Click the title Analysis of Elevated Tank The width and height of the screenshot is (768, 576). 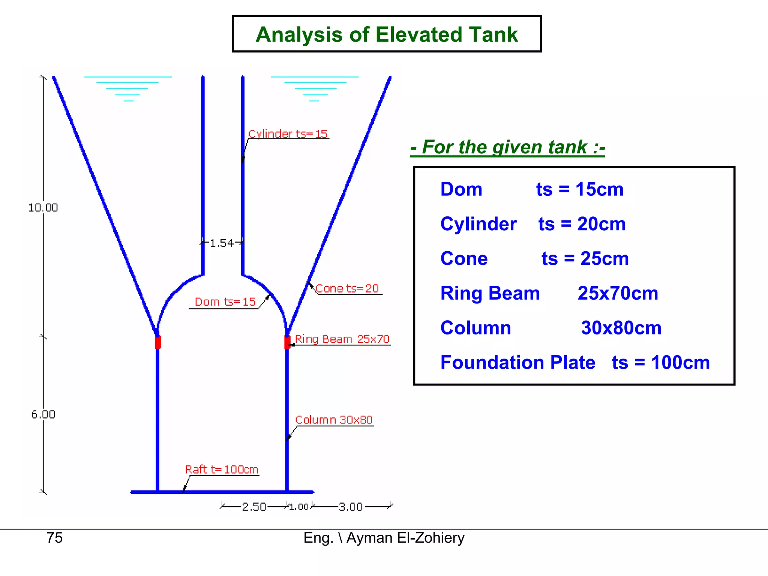pos(387,34)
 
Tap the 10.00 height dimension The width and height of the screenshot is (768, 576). pos(43,207)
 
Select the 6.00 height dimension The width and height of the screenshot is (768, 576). pos(43,414)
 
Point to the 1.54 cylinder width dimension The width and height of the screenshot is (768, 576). pos(222,243)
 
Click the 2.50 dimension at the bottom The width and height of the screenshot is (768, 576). pos(254,507)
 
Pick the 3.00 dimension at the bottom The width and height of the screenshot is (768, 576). pos(351,507)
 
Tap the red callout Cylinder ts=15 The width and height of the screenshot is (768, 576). pos(288,134)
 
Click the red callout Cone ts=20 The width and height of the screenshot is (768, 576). pos(347,288)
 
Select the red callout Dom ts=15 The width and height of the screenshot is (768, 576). pos(225,302)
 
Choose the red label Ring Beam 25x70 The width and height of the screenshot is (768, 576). pos(342,339)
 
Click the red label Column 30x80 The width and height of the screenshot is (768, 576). pos(334,420)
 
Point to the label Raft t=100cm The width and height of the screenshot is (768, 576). pos(222,469)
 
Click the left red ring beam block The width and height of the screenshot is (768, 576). pos(158,342)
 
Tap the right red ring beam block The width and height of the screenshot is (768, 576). pos(287,342)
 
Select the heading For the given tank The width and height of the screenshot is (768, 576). pos(507,147)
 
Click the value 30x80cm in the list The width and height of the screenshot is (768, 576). pos(621,328)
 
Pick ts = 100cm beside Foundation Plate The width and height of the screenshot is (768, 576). pos(661,363)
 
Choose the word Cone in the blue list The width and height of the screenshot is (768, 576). pos(464,259)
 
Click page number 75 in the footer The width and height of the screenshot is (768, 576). pos(54,538)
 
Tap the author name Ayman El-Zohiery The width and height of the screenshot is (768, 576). pos(405,538)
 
